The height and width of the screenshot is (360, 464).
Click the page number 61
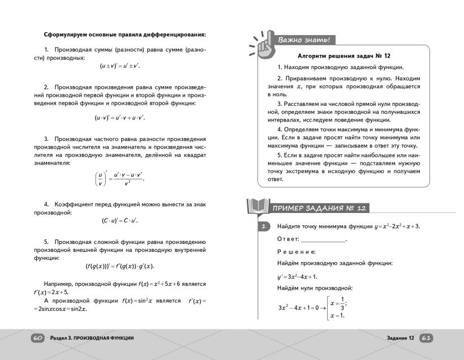point(426,338)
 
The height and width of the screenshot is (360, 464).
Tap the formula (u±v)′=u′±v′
point(119,66)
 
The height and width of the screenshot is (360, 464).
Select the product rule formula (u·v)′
point(119,118)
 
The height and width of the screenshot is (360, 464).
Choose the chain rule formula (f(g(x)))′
point(119,266)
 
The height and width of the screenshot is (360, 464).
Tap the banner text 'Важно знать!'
point(303,40)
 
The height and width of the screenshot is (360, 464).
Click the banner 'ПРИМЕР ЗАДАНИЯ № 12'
point(320,208)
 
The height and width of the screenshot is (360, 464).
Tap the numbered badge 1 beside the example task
point(263,227)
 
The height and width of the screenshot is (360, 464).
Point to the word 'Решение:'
point(297,251)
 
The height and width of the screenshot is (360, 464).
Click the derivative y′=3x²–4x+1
point(297,276)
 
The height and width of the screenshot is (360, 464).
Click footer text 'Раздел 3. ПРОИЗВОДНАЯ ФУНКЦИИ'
point(92,338)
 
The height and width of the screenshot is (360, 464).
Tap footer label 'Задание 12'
point(401,338)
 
